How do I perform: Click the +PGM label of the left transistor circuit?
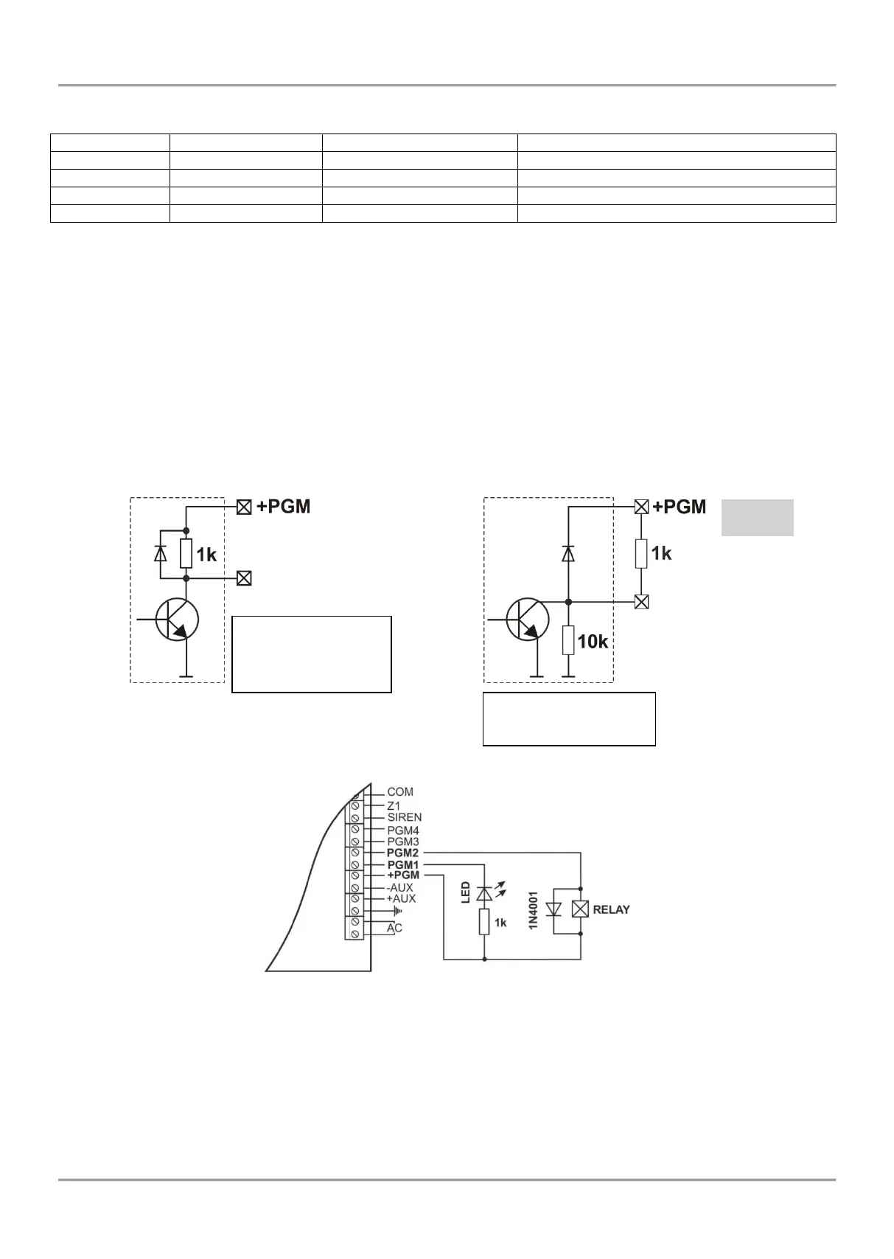click(x=283, y=507)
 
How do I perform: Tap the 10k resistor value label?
click(x=593, y=642)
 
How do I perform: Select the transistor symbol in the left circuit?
click(x=177, y=620)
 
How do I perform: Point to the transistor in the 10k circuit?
click(x=527, y=619)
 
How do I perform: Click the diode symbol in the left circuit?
click(x=161, y=554)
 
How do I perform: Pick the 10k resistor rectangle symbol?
click(x=568, y=640)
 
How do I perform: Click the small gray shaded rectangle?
click(x=758, y=518)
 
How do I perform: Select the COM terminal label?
click(x=399, y=792)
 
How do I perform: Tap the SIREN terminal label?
click(x=405, y=817)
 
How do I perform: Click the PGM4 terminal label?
click(x=403, y=830)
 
